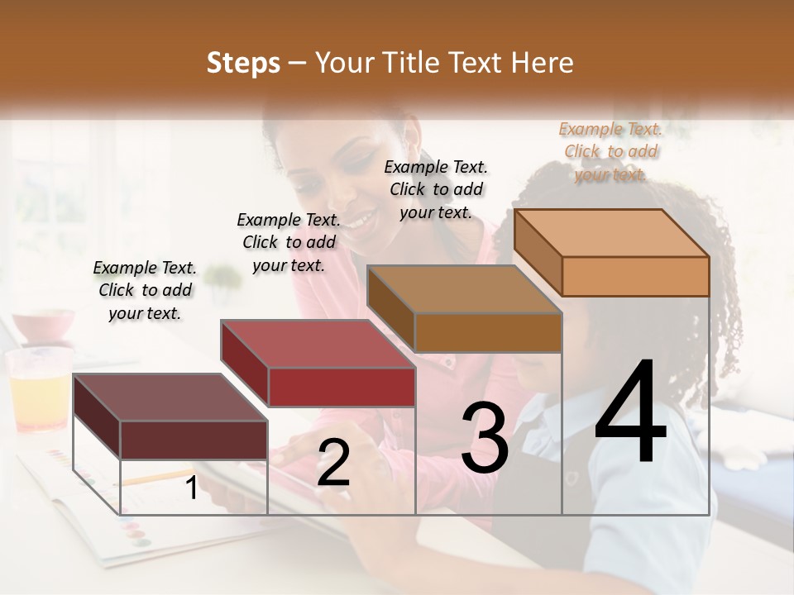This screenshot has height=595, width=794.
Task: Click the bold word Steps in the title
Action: (243, 63)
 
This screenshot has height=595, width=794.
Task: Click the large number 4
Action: (630, 413)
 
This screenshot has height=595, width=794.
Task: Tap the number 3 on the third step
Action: (485, 438)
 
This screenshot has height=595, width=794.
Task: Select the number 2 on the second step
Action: (333, 464)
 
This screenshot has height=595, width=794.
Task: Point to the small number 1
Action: (191, 488)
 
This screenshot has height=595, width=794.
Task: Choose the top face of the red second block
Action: (318, 344)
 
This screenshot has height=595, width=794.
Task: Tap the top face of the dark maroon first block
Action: (170, 397)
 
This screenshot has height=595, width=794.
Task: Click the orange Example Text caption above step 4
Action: (610, 151)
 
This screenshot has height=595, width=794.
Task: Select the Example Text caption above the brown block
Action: (436, 189)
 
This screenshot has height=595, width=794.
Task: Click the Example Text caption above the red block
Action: (289, 242)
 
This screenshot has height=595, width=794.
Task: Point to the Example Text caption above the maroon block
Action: (145, 290)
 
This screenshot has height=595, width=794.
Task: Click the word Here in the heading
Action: (545, 63)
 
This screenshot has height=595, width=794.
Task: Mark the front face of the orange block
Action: (635, 276)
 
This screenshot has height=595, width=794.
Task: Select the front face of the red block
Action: (342, 387)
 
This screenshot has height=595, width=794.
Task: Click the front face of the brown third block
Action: (488, 333)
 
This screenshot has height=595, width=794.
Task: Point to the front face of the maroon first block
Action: (194, 440)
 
